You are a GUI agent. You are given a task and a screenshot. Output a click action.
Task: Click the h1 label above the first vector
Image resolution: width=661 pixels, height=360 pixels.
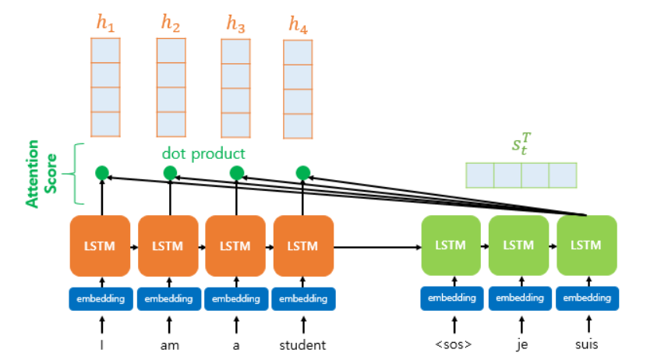[105, 24]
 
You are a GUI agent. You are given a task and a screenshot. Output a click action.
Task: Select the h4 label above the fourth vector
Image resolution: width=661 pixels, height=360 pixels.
[298, 25]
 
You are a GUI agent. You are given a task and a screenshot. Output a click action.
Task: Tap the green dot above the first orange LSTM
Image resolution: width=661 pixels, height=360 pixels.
[101, 173]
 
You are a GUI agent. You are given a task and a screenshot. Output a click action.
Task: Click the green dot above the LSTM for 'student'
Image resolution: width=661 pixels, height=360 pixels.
[304, 173]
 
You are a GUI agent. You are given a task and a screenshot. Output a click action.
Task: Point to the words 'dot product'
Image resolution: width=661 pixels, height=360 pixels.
[203, 154]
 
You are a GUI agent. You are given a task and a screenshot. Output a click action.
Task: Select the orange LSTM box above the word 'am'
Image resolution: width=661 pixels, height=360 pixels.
[168, 245]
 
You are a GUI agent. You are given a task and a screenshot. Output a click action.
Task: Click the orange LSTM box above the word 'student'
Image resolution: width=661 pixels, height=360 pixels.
[304, 245]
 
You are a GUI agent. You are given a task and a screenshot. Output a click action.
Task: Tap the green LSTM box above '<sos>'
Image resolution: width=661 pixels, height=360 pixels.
[452, 245]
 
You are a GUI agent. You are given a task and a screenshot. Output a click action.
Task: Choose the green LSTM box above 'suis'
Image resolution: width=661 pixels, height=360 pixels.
[587, 245]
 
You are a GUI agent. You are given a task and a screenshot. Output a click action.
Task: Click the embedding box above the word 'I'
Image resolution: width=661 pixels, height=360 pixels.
[101, 298]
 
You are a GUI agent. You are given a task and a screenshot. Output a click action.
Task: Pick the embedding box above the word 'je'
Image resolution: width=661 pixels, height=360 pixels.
[519, 298]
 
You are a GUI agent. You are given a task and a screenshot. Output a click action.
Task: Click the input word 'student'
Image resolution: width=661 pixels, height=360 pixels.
[304, 344]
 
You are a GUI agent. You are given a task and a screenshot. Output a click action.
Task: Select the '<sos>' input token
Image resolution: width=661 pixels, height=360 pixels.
[452, 344]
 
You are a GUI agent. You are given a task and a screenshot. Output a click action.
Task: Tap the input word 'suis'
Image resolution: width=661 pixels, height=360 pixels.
[587, 344]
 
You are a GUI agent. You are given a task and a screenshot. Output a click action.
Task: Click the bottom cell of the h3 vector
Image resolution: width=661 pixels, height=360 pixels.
[236, 125]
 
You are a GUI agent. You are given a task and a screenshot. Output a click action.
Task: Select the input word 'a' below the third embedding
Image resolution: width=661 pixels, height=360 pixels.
[236, 344]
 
